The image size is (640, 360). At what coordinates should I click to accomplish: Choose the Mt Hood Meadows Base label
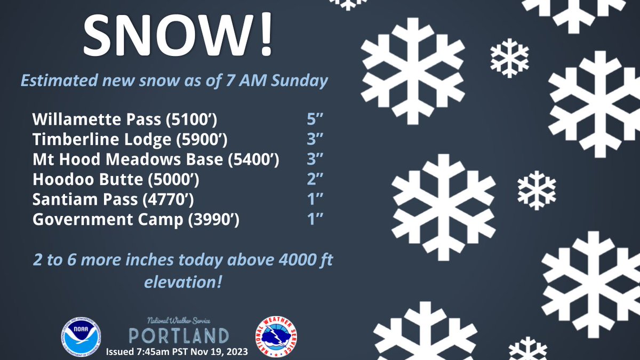156,159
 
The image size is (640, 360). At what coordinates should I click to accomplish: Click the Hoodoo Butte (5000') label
116,179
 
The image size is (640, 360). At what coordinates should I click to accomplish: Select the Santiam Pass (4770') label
113,199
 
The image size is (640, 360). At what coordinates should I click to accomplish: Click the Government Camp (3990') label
136,219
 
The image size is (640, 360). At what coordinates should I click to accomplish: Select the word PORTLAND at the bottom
179,335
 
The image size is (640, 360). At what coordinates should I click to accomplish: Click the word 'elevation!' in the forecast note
183,281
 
